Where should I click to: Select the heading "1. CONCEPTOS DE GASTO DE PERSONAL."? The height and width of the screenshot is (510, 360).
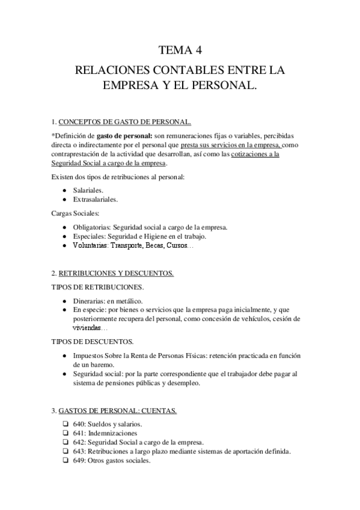click(x=121, y=122)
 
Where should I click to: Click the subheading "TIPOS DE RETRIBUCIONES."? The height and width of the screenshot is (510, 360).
click(x=98, y=286)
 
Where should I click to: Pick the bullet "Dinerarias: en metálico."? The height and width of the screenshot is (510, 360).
click(x=108, y=301)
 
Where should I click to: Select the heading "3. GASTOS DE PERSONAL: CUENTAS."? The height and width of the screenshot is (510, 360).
click(x=115, y=411)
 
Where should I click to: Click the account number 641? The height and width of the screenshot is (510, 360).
click(x=79, y=434)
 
